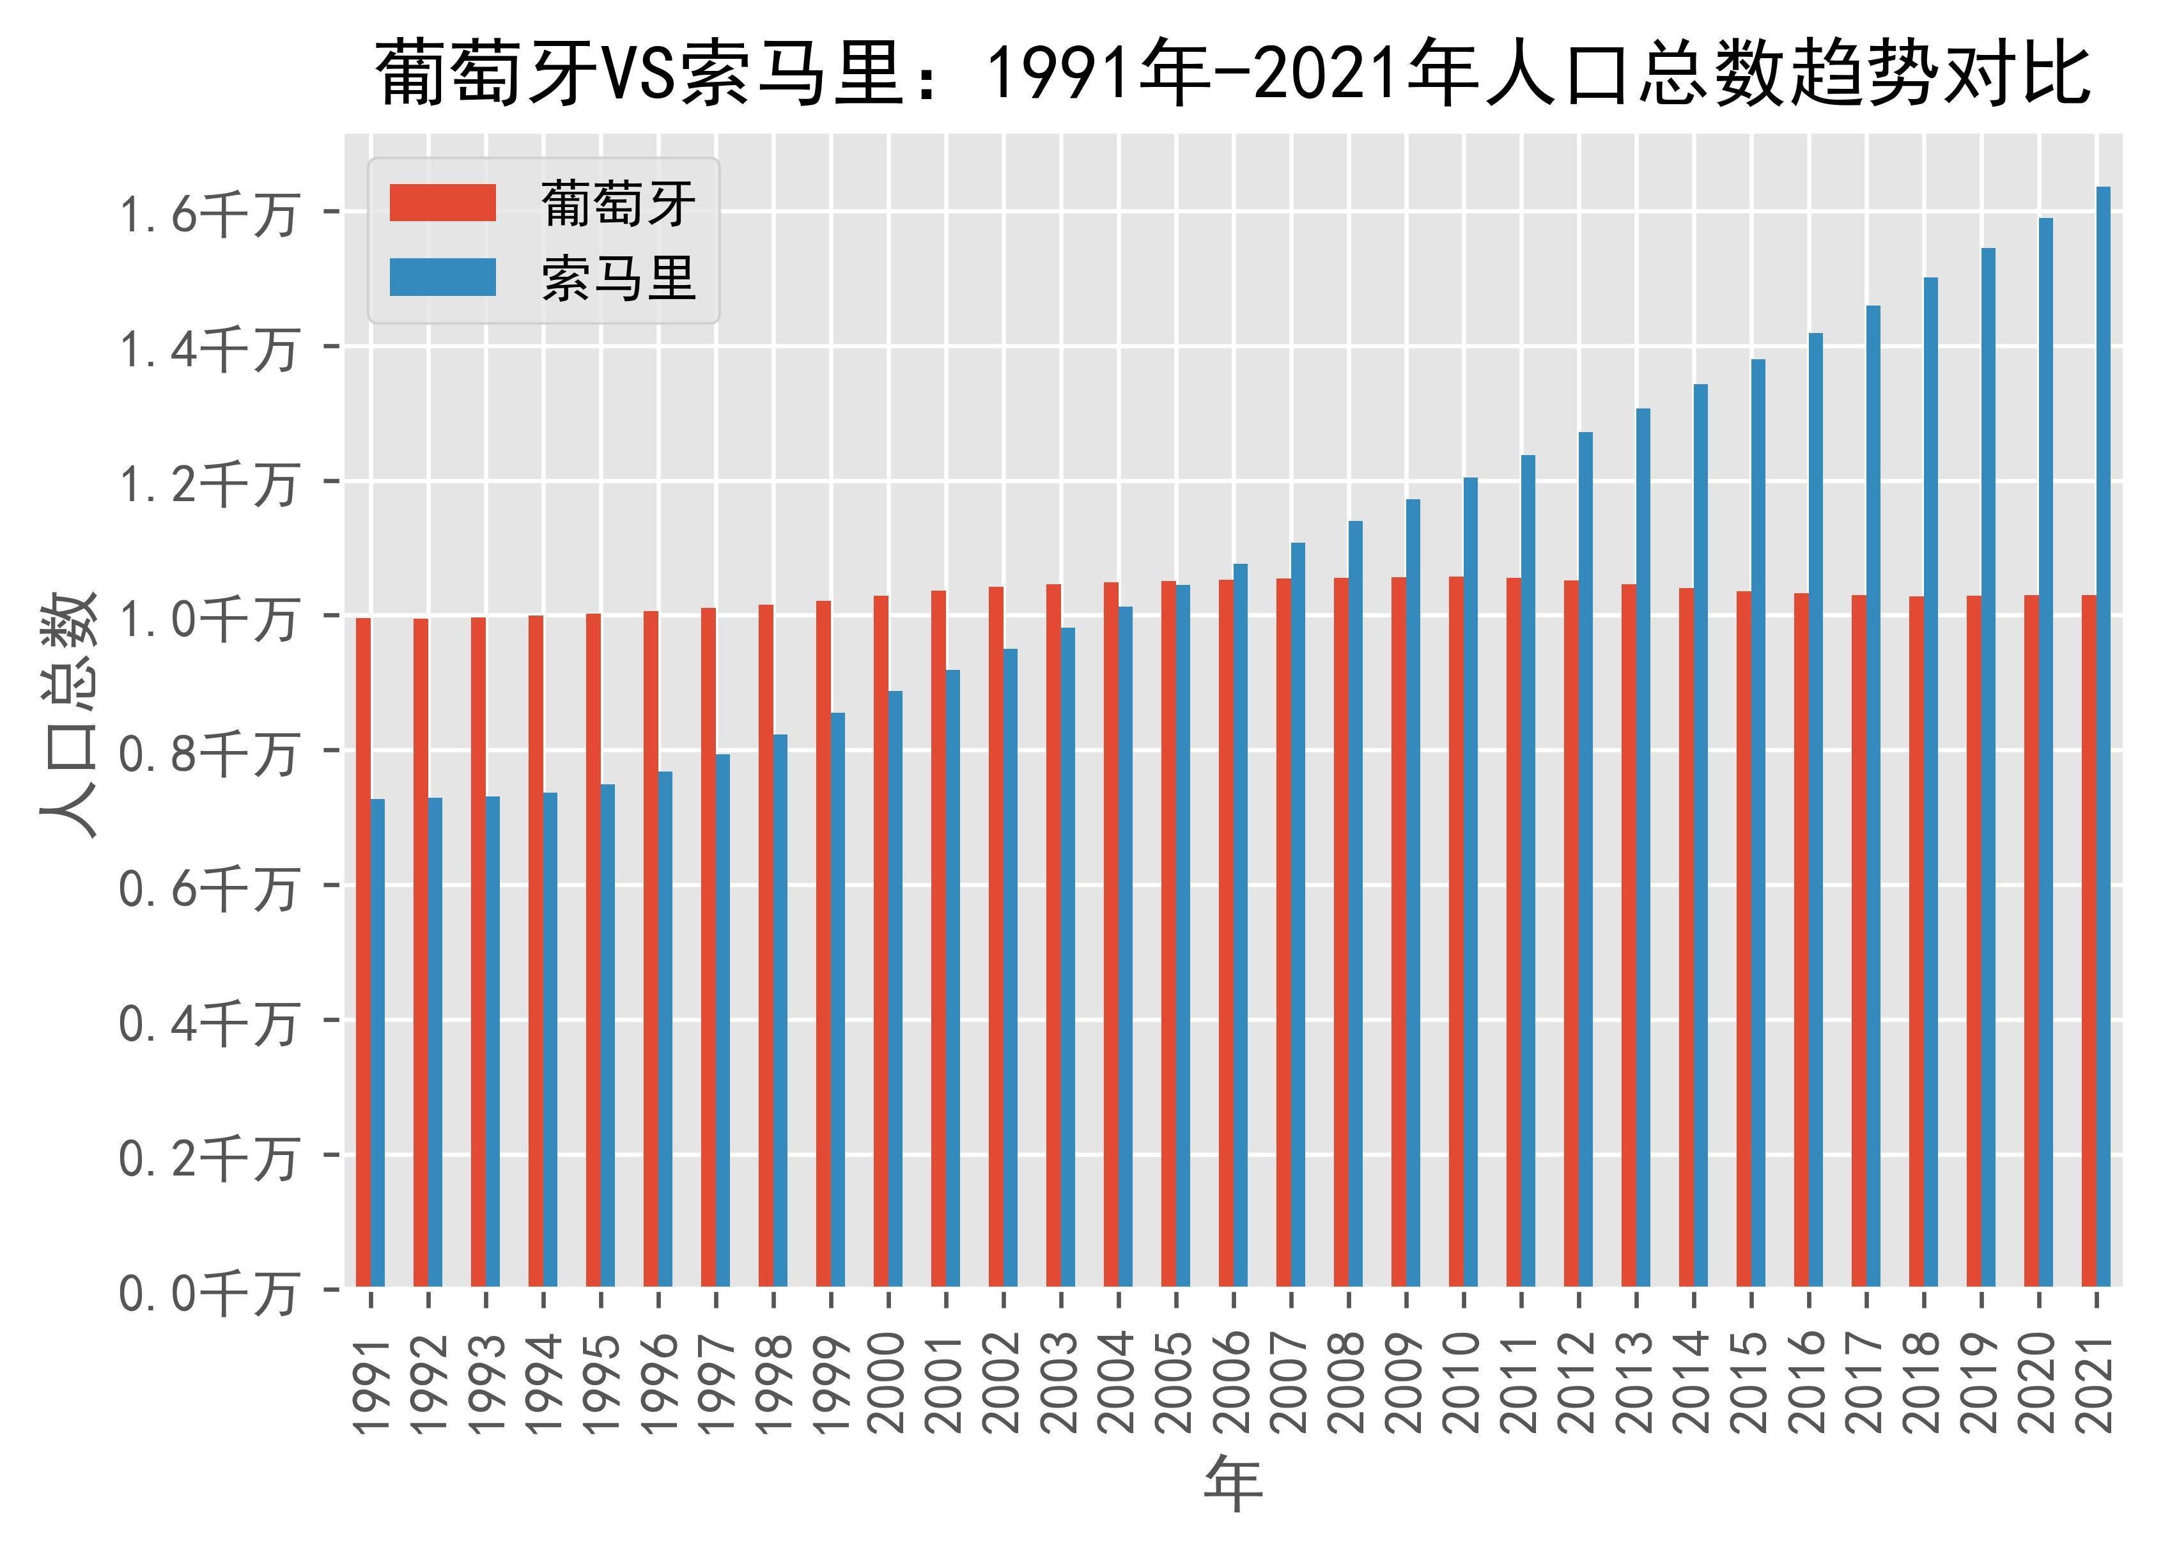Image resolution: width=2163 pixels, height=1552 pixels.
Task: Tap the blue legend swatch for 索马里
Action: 442,277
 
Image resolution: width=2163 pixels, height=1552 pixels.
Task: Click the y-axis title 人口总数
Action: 68,715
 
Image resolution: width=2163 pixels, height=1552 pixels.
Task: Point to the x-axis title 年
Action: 1233,1484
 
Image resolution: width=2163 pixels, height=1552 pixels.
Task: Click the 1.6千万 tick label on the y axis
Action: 206,213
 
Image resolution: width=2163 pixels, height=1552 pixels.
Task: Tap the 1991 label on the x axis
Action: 371,1384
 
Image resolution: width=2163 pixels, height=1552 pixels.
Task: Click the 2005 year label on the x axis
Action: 1176,1384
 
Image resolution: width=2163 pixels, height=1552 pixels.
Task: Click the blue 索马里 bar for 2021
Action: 2103,734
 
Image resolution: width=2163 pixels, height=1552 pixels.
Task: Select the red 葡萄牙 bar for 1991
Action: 363,954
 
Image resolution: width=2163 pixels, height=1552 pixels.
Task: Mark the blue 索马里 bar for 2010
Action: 1471,882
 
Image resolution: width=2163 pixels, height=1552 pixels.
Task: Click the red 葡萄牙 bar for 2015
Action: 1743,940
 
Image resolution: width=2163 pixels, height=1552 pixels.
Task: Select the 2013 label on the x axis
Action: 1636,1384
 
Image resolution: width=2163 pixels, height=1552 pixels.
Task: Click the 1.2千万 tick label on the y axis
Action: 206,484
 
